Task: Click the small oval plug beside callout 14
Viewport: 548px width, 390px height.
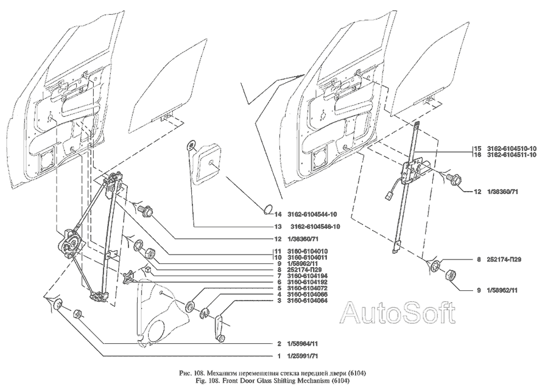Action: pos(267,211)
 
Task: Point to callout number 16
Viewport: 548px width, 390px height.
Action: pos(478,155)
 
